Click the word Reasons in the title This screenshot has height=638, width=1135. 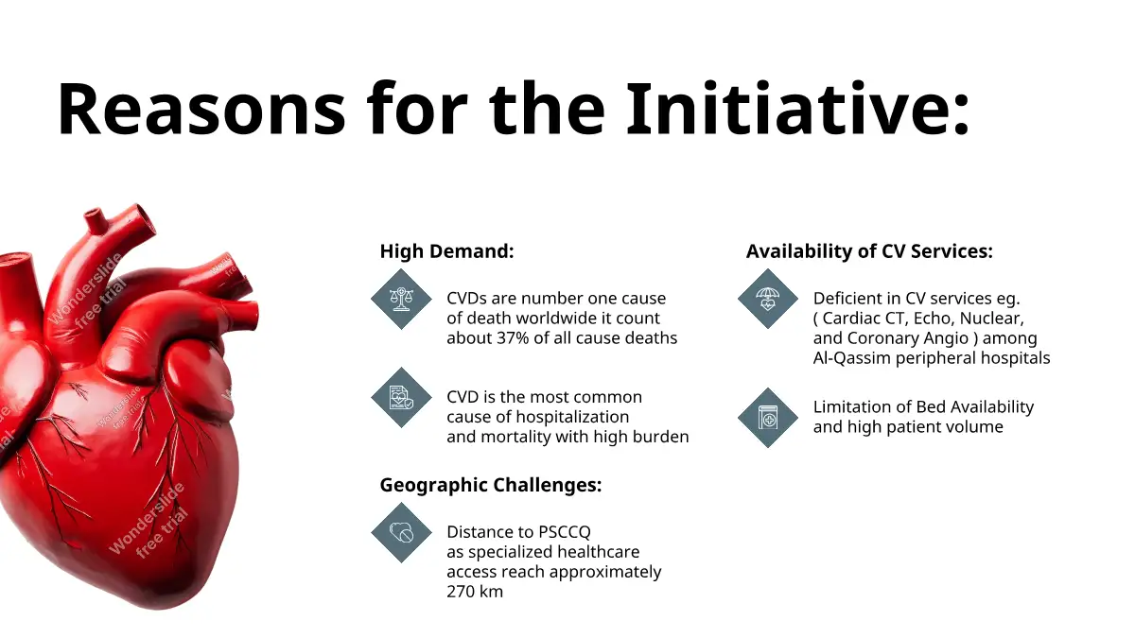(x=201, y=110)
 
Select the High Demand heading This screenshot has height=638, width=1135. (x=446, y=251)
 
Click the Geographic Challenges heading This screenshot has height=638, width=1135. (x=491, y=485)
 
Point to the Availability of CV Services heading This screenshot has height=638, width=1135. (x=869, y=251)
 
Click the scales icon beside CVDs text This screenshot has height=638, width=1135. (x=401, y=299)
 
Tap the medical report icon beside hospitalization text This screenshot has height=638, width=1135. (x=401, y=398)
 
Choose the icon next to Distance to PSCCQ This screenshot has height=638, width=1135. (x=401, y=533)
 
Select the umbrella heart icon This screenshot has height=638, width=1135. (x=768, y=299)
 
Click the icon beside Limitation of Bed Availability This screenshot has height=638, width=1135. (x=768, y=418)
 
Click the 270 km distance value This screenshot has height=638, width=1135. (x=475, y=592)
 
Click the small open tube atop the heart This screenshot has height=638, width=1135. (x=96, y=219)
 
